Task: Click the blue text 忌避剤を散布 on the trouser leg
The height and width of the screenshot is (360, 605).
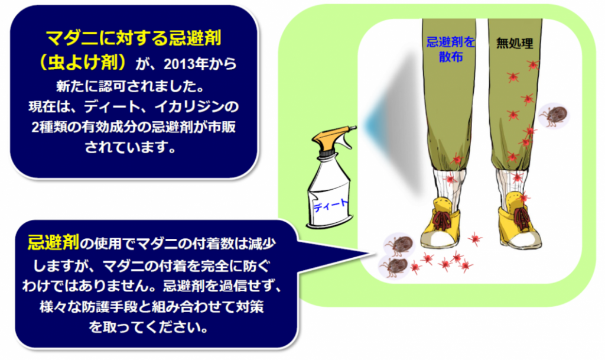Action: (x=448, y=49)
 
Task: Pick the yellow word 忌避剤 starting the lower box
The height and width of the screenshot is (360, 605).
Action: (x=53, y=242)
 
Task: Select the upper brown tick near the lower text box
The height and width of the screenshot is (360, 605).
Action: (x=399, y=244)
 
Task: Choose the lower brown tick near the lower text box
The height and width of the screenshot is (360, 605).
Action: (x=393, y=265)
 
